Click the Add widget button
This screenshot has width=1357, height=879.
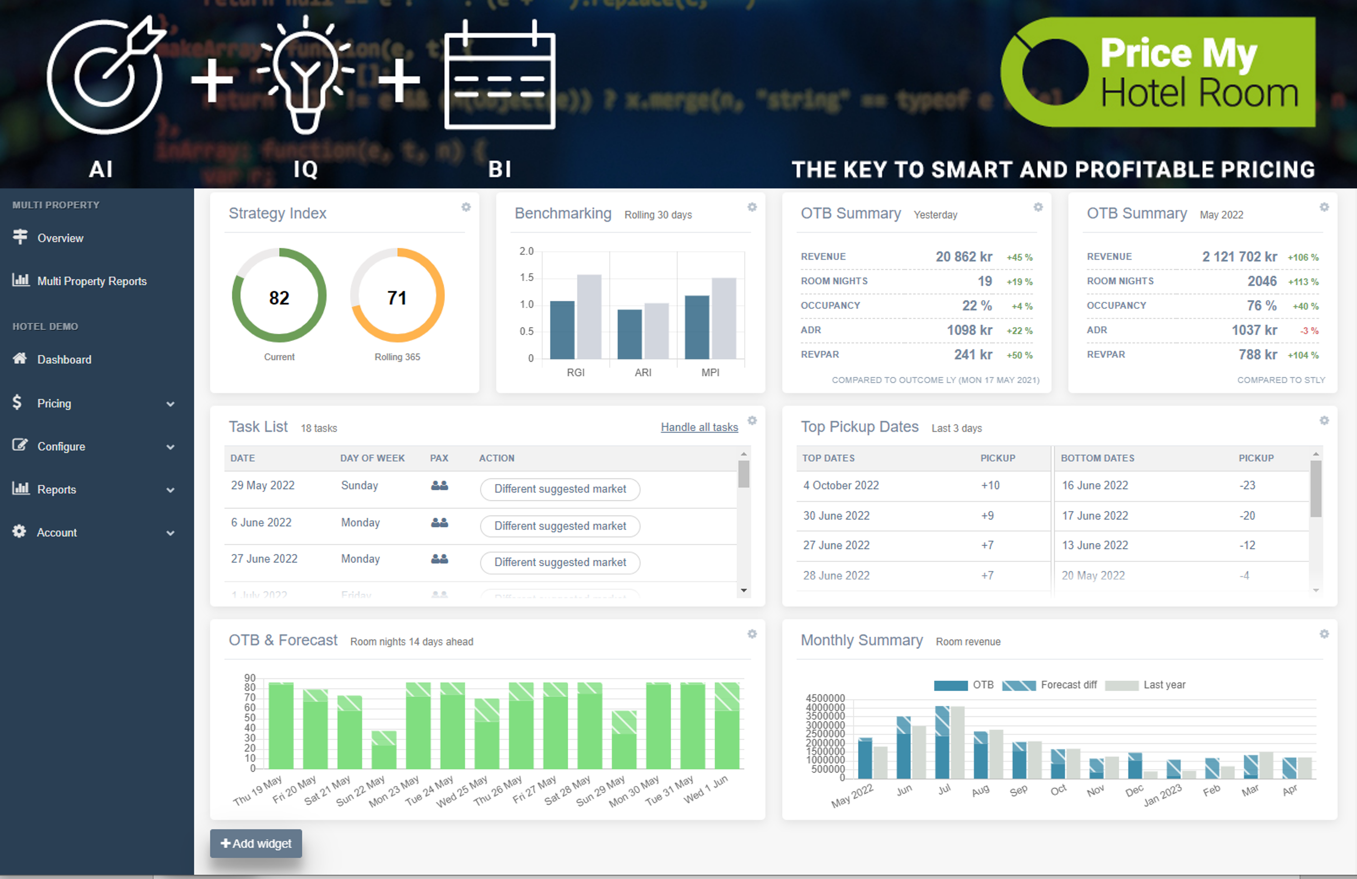(x=256, y=843)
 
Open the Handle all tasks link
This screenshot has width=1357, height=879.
(x=699, y=427)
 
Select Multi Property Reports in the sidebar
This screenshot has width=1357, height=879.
(x=91, y=281)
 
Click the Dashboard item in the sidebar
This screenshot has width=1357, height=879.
(x=64, y=360)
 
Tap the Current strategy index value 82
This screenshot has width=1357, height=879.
(x=279, y=298)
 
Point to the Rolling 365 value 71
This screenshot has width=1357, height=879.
(x=397, y=298)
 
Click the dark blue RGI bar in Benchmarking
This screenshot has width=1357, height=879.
(x=562, y=329)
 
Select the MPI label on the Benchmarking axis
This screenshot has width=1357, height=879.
(x=710, y=372)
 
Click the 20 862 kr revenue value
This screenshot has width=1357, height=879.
(x=963, y=256)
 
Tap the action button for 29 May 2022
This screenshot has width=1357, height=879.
(x=560, y=489)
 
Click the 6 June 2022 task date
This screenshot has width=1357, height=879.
(x=261, y=522)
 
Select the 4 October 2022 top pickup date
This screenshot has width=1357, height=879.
(x=841, y=485)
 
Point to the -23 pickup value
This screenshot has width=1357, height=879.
(x=1247, y=485)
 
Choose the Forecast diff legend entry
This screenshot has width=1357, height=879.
(x=1049, y=684)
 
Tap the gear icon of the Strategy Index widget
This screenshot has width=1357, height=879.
(x=466, y=207)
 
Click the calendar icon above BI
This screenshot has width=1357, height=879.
(x=499, y=76)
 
